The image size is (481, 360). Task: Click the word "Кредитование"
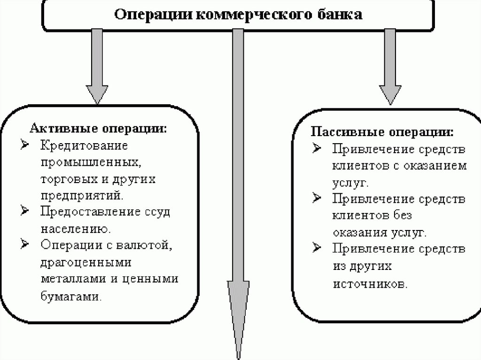tap(84, 145)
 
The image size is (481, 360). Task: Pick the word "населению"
tap(75, 229)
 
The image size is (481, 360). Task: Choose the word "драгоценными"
tap(86, 261)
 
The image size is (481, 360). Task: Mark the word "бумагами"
tap(70, 295)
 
